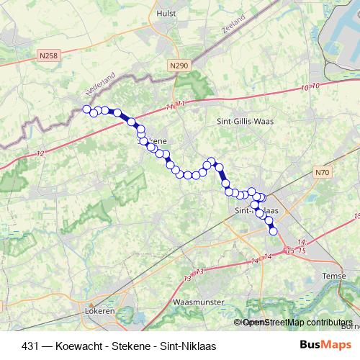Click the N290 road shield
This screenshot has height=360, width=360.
pyautogui.click(x=180, y=66)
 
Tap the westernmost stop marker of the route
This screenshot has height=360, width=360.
pyautogui.click(x=86, y=109)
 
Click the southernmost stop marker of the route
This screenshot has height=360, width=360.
pyautogui.click(x=273, y=230)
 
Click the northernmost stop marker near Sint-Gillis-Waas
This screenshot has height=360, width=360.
pyautogui.click(x=212, y=161)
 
